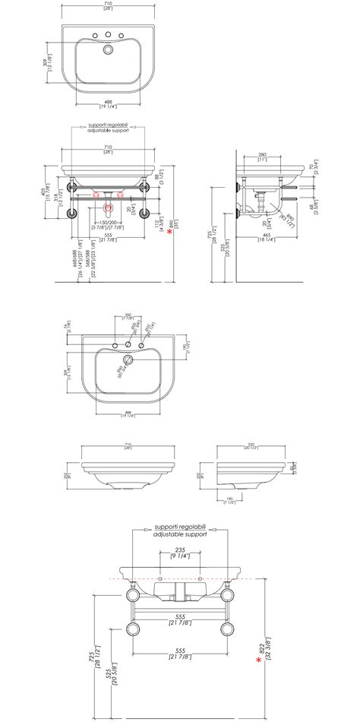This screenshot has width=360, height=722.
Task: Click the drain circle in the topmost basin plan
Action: click(108, 51)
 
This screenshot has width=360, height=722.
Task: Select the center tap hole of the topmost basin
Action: click(108, 34)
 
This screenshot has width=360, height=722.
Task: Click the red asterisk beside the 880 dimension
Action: click(169, 233)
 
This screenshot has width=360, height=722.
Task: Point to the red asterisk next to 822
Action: click(259, 661)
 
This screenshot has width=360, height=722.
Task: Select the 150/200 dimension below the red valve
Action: click(108, 223)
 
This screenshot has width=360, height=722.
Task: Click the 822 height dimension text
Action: click(266, 643)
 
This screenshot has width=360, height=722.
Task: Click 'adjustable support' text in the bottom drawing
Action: click(179, 534)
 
